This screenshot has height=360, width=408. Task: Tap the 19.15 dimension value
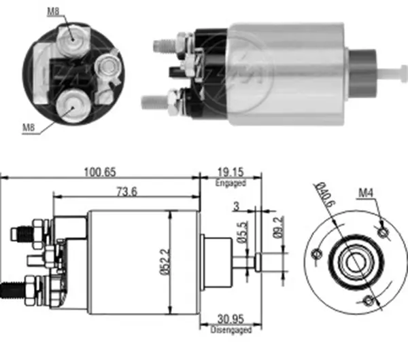point(229,173)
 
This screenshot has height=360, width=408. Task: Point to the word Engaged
point(229,183)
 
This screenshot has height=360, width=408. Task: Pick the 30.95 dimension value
point(231,319)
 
